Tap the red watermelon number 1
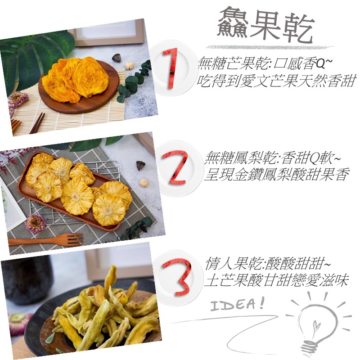tap(171, 68)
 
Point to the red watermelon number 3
tap(177, 277)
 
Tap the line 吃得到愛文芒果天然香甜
tap(276, 81)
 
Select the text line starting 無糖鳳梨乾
tap(272, 158)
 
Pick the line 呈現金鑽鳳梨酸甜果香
tap(277, 174)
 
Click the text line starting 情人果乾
tap(268, 263)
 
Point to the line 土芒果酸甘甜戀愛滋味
tap(276, 280)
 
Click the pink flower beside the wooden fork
tap(36, 223)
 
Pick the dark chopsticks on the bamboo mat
tap(37, 123)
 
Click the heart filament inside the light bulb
tap(316, 326)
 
